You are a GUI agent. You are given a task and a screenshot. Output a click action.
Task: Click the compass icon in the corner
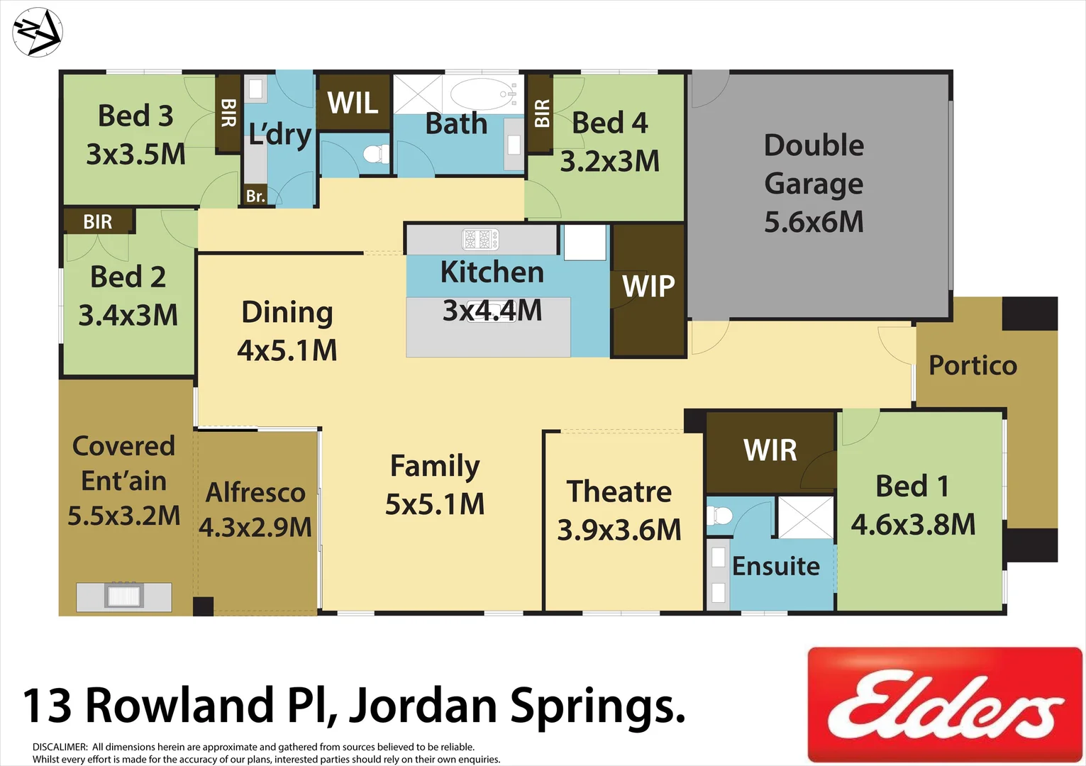coord(38,33)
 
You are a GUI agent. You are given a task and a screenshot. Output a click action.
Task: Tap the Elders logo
coord(945,704)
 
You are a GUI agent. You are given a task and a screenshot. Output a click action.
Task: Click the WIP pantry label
coord(648,287)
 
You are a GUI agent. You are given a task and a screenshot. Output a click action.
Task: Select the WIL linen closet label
coord(353,104)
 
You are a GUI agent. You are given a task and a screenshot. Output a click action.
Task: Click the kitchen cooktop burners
coord(481,240)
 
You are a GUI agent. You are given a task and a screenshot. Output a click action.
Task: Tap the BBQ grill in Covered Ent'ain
coord(124,595)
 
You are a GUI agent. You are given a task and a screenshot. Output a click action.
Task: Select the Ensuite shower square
coord(806,517)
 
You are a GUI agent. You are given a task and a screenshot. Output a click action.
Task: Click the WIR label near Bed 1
coord(770,450)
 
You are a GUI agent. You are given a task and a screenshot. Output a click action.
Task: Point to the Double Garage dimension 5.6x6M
coord(814,222)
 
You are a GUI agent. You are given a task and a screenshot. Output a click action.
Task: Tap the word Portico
coord(973,365)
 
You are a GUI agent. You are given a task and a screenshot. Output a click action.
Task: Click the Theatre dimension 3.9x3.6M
coord(619,530)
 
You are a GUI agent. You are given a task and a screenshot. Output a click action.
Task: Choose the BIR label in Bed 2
coord(98,222)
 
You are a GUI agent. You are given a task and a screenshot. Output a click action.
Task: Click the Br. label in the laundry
coord(255,196)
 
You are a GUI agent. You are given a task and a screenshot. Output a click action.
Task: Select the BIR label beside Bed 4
coord(541,113)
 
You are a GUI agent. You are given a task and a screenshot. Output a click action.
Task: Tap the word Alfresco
coord(255,492)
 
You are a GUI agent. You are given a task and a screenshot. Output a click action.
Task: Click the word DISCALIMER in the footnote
coord(60,747)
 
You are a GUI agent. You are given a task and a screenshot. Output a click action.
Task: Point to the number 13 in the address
coord(48,706)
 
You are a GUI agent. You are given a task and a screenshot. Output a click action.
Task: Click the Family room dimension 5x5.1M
coord(435,504)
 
